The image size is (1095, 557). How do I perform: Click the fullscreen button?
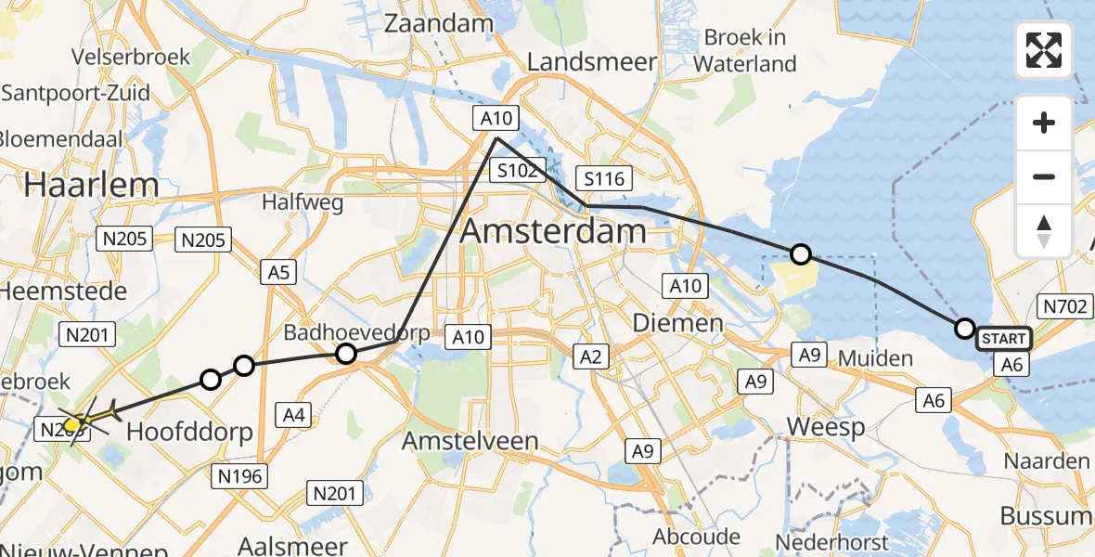point(1044,50)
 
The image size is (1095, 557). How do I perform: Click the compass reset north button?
point(1044,231)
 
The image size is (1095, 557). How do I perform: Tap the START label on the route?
point(1002,339)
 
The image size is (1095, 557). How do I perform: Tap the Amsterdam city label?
point(553,230)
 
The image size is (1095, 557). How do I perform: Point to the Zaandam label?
point(430,24)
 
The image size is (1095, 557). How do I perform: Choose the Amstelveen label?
point(470,441)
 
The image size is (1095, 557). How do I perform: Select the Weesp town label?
point(826,427)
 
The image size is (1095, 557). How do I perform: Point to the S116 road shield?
point(603,178)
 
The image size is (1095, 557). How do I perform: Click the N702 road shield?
point(1063,306)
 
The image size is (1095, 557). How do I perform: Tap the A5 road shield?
point(279,272)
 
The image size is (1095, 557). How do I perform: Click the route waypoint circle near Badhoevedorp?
point(346,353)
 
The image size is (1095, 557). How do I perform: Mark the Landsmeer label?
point(592,62)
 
